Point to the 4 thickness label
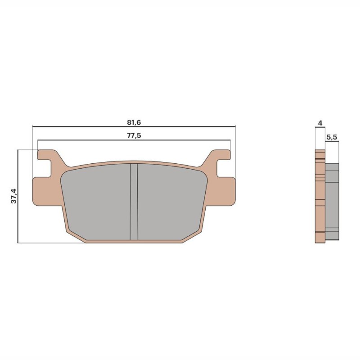pos(319,123)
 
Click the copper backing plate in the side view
pos(319,198)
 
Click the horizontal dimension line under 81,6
pos(134,126)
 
